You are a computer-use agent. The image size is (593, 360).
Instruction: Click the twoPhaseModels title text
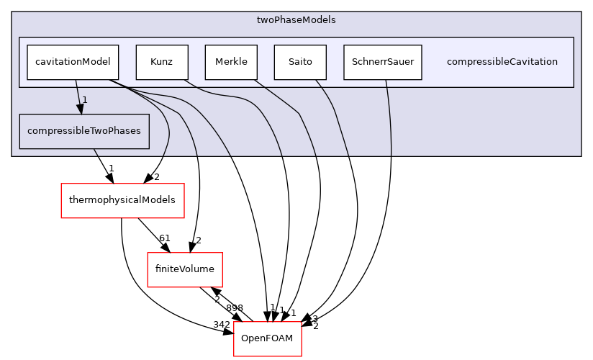[x=296, y=20]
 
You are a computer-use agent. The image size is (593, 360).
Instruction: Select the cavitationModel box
[x=73, y=62]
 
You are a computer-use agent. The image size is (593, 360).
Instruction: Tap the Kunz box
[x=162, y=62]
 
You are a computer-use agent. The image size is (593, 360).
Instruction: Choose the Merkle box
[x=231, y=62]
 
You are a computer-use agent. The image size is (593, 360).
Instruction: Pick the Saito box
[x=300, y=62]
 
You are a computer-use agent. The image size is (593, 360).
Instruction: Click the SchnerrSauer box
[x=382, y=62]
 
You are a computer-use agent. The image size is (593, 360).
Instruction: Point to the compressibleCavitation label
[x=502, y=62]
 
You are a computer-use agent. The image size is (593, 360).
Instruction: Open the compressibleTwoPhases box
[x=84, y=131]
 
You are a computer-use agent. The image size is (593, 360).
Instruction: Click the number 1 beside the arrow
[x=84, y=99]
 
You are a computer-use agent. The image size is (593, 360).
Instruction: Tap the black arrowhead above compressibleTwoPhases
[x=80, y=109]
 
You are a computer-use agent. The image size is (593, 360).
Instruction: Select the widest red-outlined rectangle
[x=122, y=201]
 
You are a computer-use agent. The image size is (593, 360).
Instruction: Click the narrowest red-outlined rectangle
[x=267, y=338]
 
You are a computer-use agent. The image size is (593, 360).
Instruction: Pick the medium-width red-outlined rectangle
[x=184, y=270]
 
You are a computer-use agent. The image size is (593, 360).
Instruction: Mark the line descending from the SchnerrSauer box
[x=389, y=115]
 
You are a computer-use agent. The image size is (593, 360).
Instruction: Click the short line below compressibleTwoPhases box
[x=95, y=152]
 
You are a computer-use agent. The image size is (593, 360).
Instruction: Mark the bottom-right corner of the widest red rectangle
[x=184, y=217]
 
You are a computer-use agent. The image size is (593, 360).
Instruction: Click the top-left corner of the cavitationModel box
[x=27, y=45]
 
